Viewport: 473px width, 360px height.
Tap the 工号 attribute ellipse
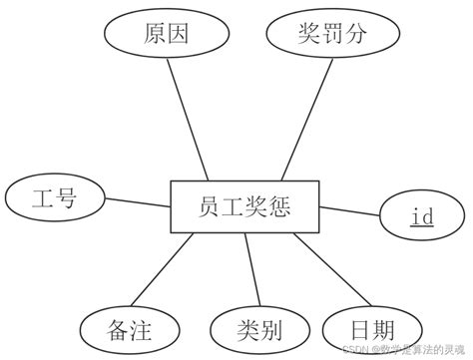coord(55,196)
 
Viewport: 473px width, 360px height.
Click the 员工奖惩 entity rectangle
coord(244,207)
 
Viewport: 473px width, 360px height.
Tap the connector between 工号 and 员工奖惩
coord(137,203)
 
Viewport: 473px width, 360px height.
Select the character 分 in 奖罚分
coord(356,35)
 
